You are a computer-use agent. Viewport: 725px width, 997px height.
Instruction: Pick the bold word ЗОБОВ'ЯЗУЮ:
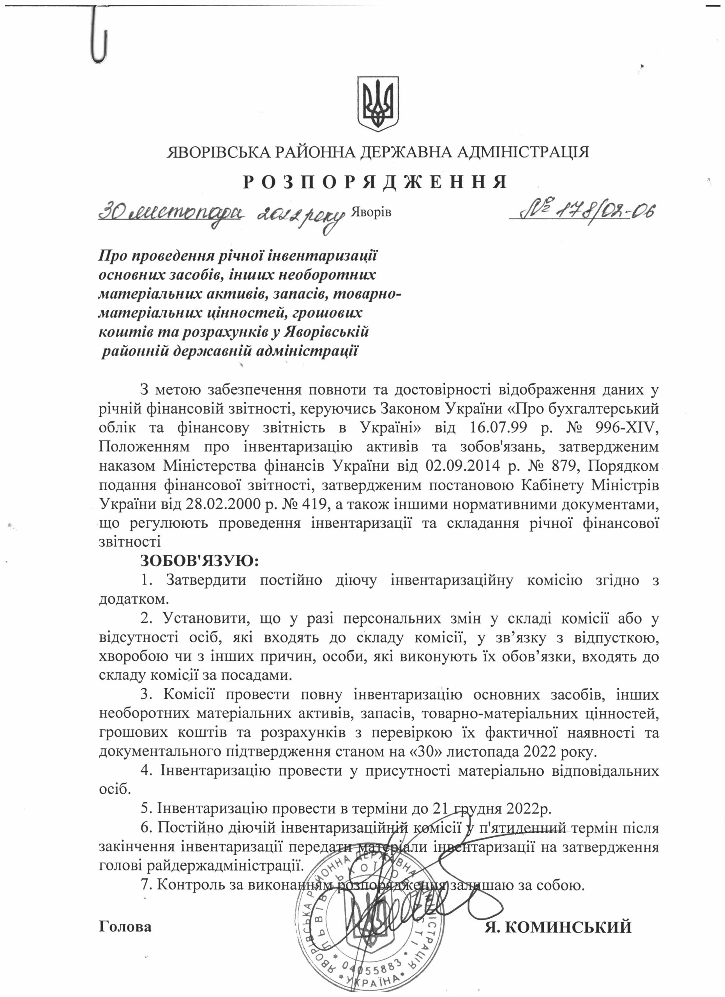pos(199,561)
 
